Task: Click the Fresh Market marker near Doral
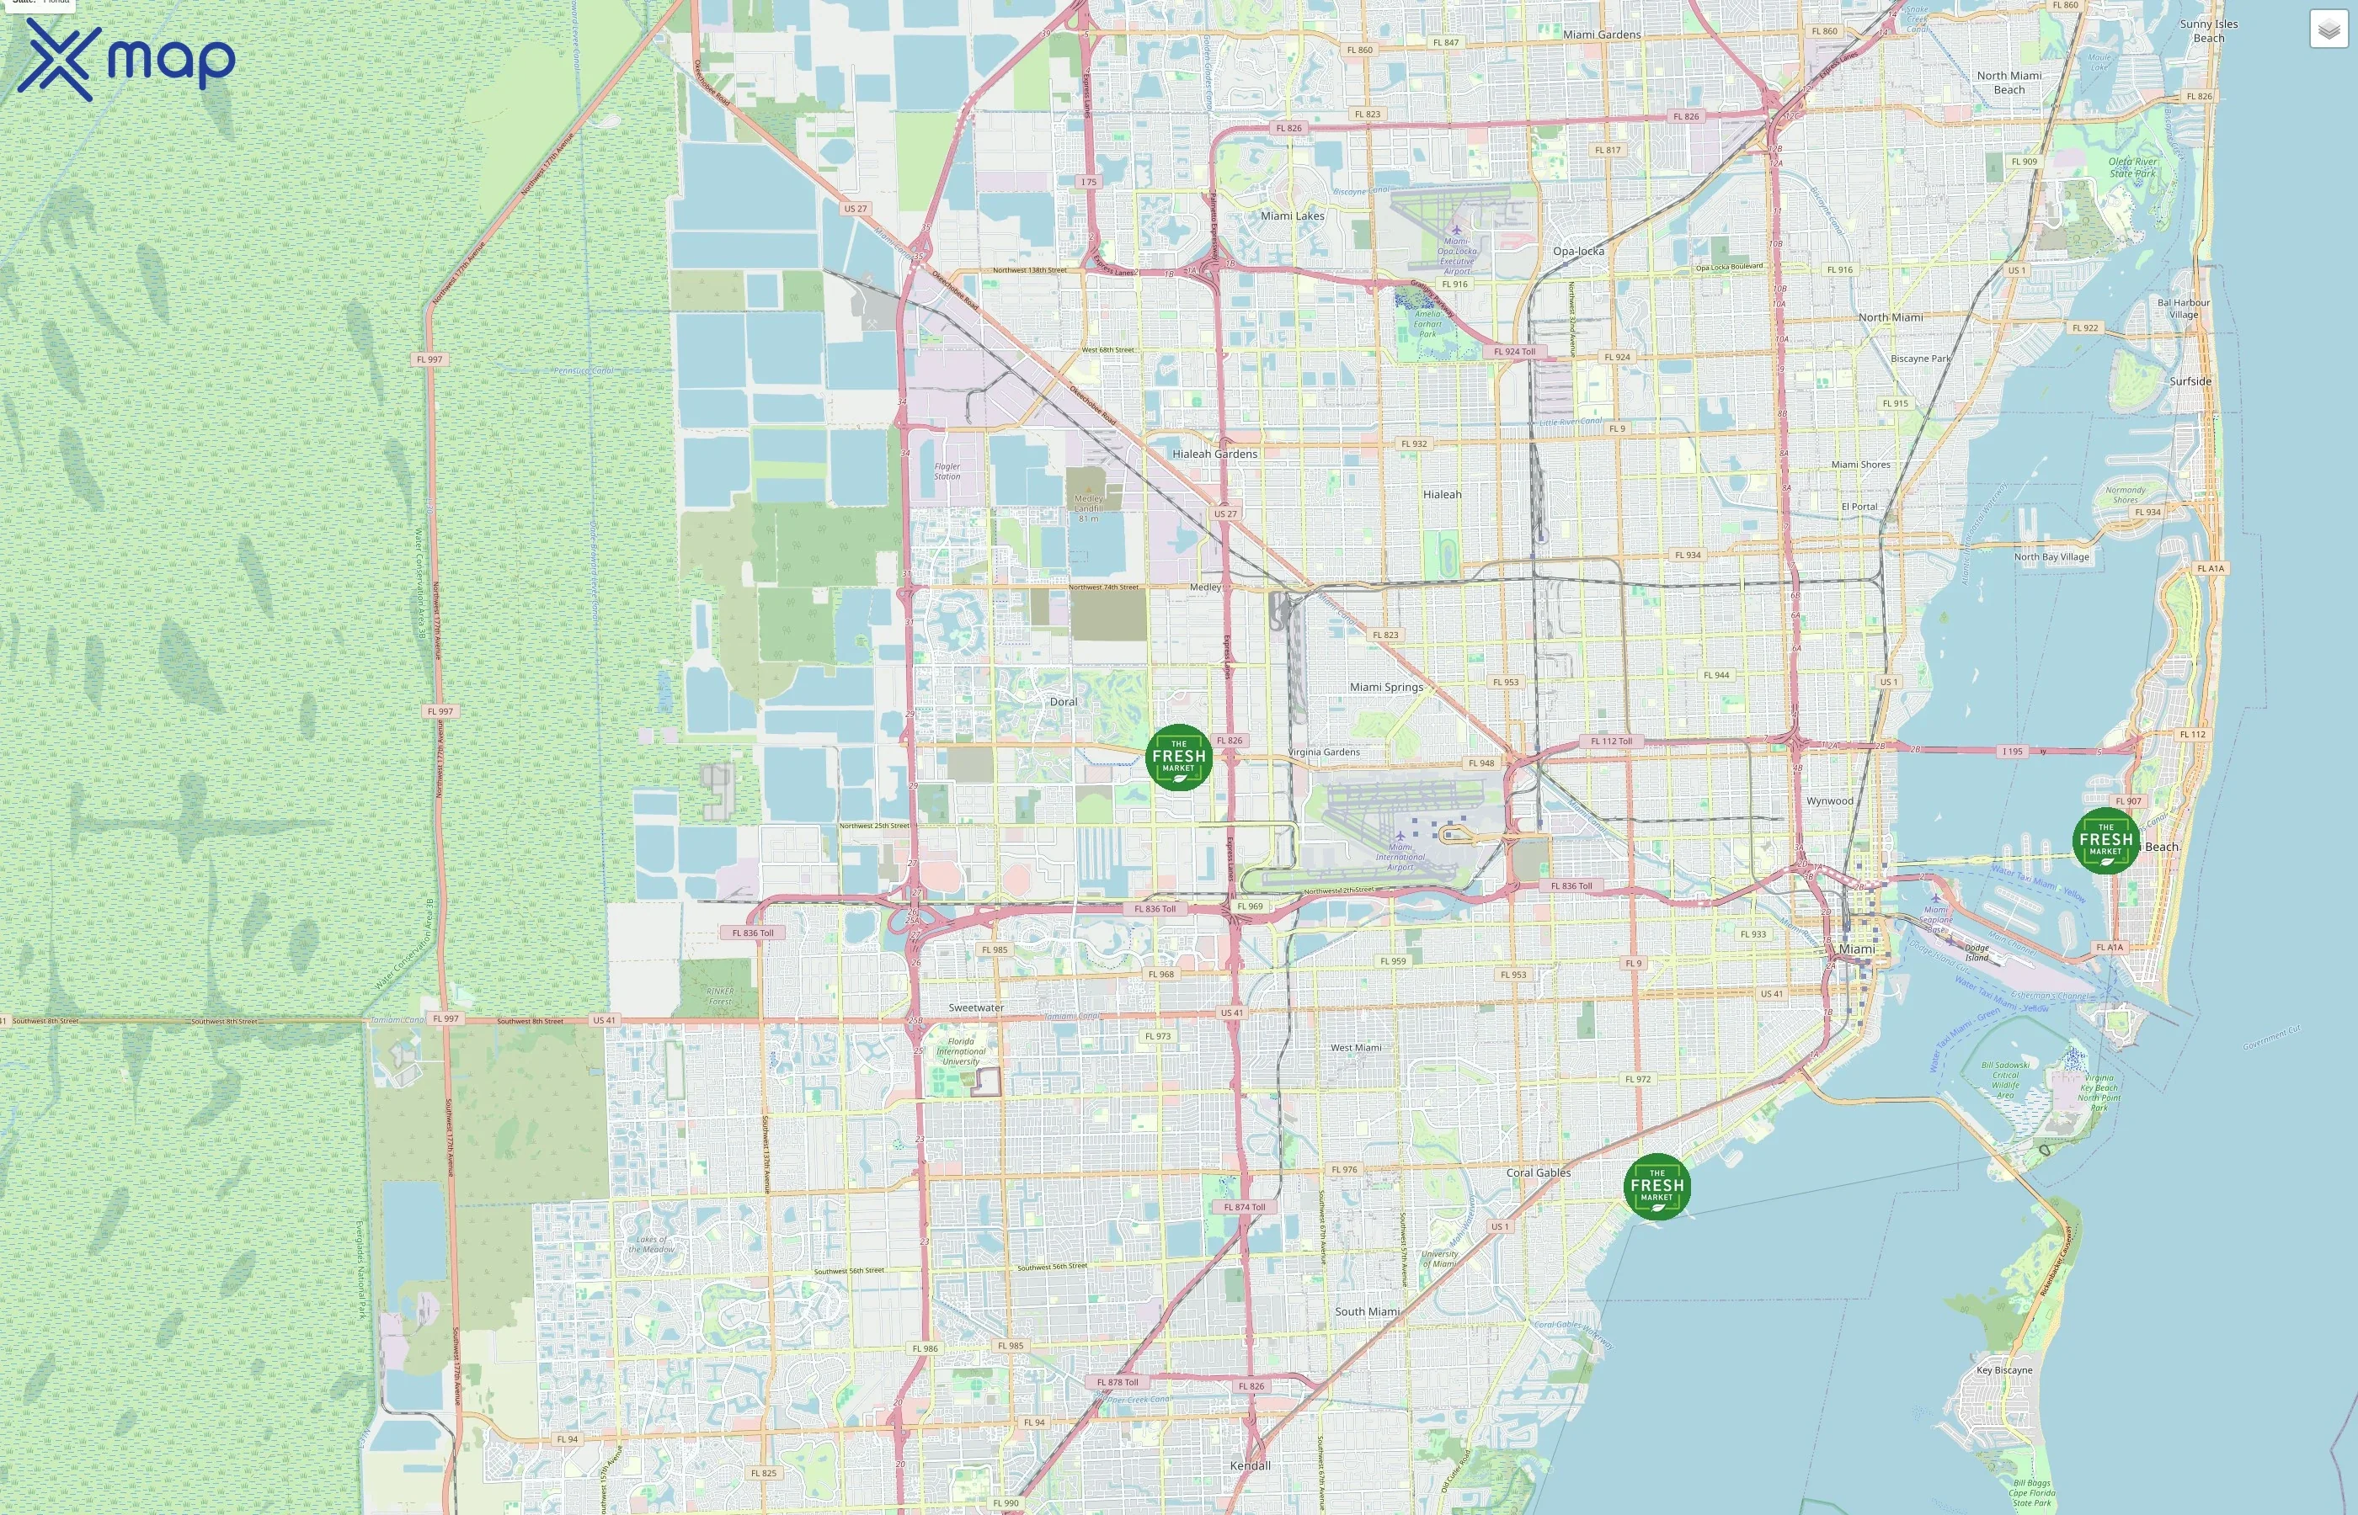1178,757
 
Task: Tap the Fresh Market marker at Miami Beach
2105,840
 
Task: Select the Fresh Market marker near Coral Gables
1656,1187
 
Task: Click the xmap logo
126,59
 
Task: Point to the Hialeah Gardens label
1214,454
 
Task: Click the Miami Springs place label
1385,688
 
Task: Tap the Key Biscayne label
2003,1370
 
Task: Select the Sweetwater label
976,1008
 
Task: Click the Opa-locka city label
1577,252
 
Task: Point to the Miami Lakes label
1292,216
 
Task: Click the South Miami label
1367,1312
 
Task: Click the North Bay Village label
2051,558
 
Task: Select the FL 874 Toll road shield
1244,1207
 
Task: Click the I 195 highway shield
2013,752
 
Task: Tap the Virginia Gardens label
1324,752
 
